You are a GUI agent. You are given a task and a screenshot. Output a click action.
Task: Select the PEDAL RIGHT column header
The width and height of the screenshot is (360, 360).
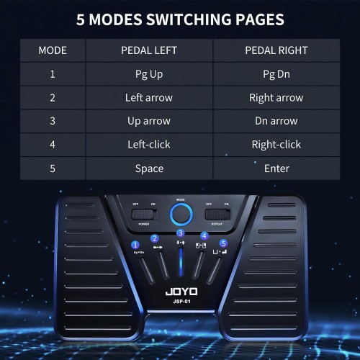coord(277,50)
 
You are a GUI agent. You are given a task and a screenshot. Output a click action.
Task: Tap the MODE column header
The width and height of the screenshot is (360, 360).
coord(53,50)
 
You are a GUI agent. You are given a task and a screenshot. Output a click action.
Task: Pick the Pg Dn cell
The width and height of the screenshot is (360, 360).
coord(277,74)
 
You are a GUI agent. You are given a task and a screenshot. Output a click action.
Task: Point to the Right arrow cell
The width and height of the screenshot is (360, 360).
coord(277,98)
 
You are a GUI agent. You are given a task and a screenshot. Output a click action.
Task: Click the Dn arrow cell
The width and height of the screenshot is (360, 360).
coord(277,122)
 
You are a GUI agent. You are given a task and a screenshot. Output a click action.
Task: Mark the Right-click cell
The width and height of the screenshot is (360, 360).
coord(277,145)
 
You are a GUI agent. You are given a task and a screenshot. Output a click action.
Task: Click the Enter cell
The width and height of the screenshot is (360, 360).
coord(277,168)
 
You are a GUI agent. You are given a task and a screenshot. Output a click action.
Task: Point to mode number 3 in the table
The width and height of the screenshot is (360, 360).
coord(53,122)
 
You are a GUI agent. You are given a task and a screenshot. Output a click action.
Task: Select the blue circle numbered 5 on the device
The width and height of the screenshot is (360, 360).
coord(224,243)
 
